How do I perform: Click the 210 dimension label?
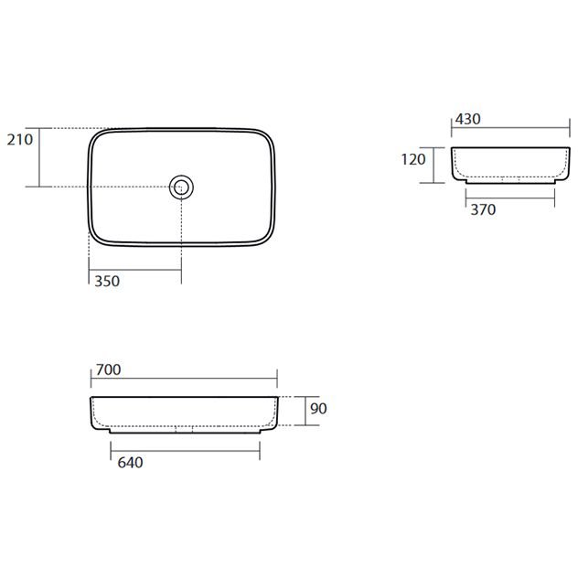coord(20,140)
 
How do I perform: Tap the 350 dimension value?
coord(107,282)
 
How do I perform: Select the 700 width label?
coord(108,369)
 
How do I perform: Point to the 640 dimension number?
coord(130,463)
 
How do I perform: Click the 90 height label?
coord(318,409)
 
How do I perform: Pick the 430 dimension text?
coord(467,119)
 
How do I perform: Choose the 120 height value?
coord(413,160)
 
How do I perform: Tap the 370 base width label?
coord(483,209)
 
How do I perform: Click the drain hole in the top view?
coord(181,187)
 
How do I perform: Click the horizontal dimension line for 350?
coord(135,270)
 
